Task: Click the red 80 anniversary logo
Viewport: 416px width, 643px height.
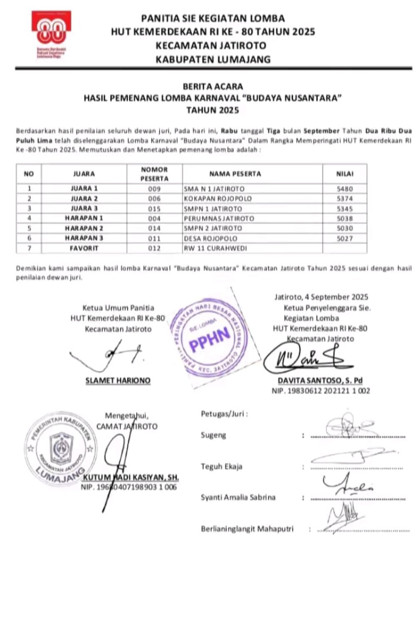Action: [x=51, y=33]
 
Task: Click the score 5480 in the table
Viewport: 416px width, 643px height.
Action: [x=344, y=189]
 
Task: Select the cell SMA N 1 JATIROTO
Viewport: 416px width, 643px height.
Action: [x=214, y=189]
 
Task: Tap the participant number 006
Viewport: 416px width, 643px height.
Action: [x=154, y=199]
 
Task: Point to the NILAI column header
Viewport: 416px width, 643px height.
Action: [x=344, y=174]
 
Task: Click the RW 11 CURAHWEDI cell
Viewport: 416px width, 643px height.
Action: [x=215, y=248]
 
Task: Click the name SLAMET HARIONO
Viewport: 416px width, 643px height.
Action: [x=118, y=380]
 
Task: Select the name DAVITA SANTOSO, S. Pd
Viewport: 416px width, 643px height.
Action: [x=320, y=380]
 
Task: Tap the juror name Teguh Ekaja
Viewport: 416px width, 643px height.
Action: [x=221, y=466]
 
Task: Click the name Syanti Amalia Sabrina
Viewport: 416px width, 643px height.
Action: [x=238, y=497]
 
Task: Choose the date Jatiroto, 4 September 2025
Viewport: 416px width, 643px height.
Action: [x=321, y=297]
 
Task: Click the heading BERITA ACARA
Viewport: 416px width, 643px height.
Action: [x=213, y=87]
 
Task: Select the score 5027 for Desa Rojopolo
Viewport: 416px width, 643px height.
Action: [x=344, y=238]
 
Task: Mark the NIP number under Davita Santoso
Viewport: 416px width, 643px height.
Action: [x=320, y=391]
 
